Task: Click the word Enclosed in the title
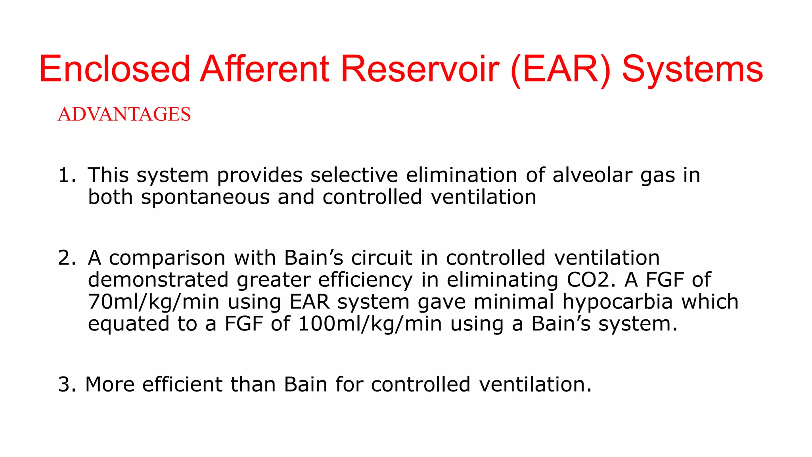(115, 69)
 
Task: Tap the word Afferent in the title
(264, 69)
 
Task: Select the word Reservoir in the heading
(419, 69)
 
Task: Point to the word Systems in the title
(692, 70)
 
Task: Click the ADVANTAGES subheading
(124, 114)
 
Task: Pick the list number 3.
(66, 385)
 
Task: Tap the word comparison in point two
(167, 258)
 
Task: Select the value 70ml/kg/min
(153, 302)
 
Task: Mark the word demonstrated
(158, 280)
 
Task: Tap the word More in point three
(110, 385)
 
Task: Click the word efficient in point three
(182, 385)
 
